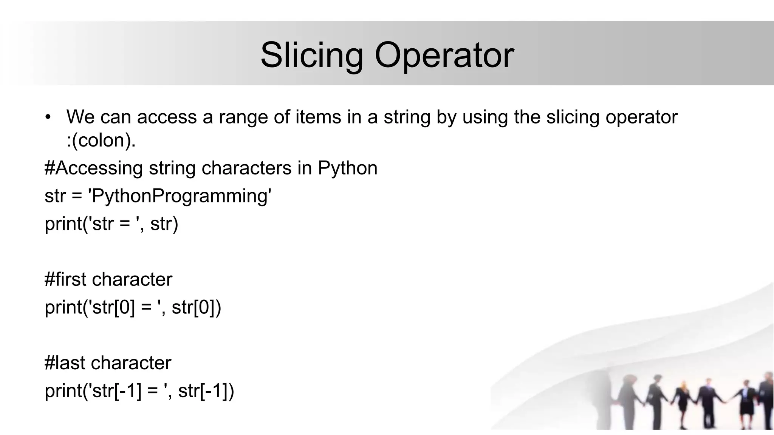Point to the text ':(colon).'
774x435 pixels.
[x=101, y=140]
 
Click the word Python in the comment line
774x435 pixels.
[x=347, y=168]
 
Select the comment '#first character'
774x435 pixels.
[x=108, y=279]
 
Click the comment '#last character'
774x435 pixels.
[x=108, y=363]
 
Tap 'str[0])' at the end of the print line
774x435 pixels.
[x=196, y=307]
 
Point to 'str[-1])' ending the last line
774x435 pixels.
[x=206, y=390]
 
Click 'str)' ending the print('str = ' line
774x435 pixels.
[x=164, y=224]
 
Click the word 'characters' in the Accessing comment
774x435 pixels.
[x=246, y=168]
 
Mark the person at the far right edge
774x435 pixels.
[x=767, y=400]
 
